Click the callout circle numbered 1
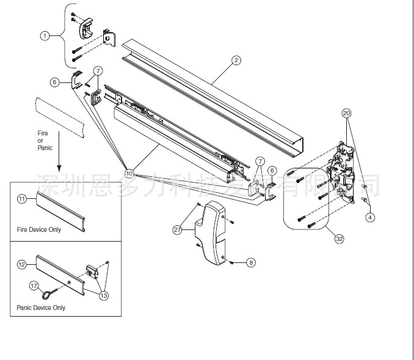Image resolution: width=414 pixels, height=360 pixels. [45, 36]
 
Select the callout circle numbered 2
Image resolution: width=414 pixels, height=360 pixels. [236, 60]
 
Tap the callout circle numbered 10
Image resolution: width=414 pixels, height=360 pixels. [129, 173]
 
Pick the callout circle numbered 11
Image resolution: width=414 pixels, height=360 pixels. [22, 199]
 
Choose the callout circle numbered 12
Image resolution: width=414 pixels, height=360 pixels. [22, 264]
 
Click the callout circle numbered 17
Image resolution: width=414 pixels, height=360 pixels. [34, 284]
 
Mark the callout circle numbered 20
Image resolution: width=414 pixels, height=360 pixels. [346, 113]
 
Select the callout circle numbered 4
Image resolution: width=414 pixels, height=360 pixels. [369, 217]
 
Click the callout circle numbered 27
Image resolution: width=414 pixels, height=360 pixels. [178, 229]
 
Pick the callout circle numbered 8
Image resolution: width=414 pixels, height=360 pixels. [251, 262]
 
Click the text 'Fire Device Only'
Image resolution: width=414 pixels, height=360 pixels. [39, 230]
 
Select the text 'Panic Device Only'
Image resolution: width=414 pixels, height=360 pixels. [41, 308]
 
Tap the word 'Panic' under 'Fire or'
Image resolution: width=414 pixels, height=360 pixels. [45, 148]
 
